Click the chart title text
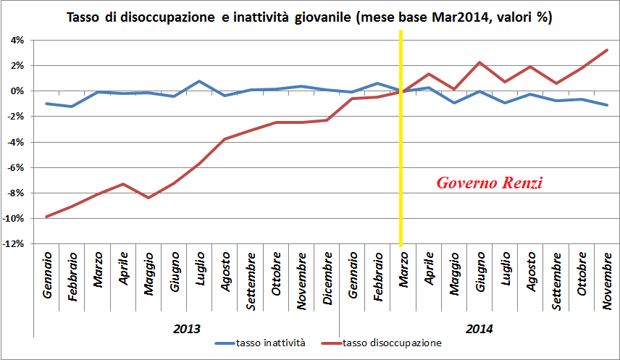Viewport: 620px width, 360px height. (x=309, y=17)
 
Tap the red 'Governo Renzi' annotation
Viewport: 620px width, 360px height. (x=489, y=183)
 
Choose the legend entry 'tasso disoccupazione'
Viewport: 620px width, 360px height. (x=391, y=343)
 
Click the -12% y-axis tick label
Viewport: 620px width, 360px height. (x=14, y=244)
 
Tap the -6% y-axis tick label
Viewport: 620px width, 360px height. (x=16, y=167)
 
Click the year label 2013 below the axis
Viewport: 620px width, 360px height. (x=186, y=328)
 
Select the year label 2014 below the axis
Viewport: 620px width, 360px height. (x=479, y=328)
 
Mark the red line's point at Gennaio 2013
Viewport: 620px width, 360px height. (x=47, y=217)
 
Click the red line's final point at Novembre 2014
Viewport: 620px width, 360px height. (x=606, y=50)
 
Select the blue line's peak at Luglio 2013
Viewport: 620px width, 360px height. (x=199, y=81)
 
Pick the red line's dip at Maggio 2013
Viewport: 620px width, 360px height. (x=148, y=198)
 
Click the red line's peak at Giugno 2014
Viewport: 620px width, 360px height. (x=479, y=62)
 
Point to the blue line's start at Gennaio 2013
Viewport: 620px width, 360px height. (x=47, y=104)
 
